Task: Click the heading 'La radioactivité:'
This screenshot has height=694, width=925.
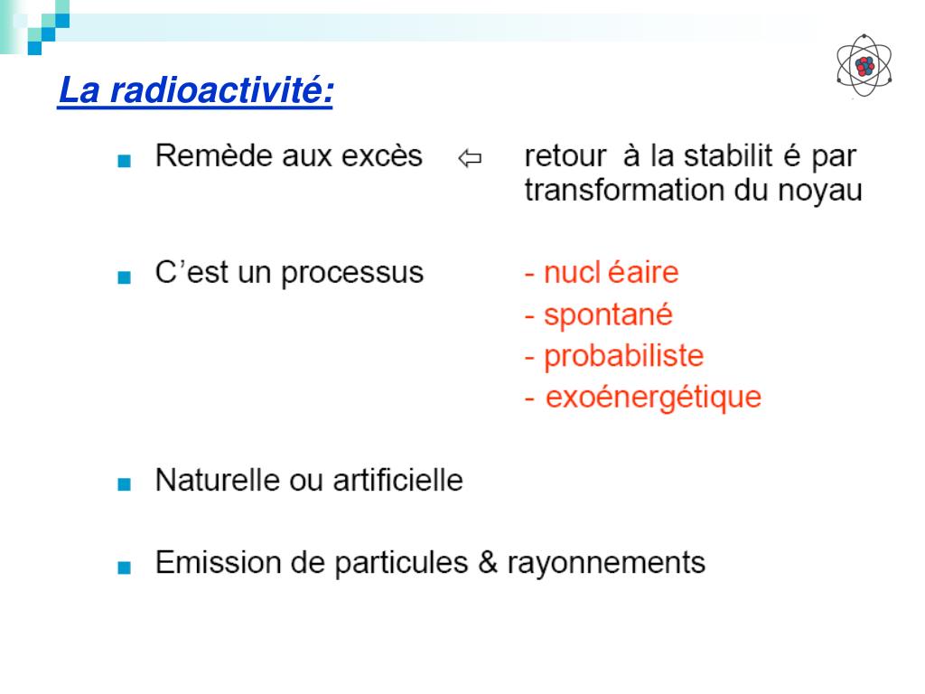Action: [195, 91]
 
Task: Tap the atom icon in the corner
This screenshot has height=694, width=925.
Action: [864, 64]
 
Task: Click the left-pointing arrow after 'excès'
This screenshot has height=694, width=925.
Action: [470, 160]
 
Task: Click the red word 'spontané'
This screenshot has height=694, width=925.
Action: [608, 315]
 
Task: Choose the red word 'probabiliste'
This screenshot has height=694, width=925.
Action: [623, 356]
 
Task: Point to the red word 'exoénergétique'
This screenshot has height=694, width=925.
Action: [654, 398]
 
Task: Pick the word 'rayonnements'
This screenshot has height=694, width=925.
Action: [605, 564]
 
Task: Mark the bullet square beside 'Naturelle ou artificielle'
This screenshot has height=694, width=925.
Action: [124, 483]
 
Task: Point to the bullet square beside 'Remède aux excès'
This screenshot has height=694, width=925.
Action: [124, 161]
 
